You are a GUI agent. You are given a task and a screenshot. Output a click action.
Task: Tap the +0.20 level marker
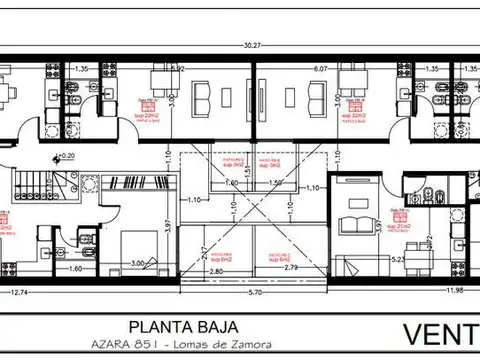pos(66,156)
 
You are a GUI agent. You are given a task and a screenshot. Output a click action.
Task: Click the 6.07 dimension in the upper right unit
pos(321,69)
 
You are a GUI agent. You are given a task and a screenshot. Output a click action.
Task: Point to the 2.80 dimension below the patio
pos(216,271)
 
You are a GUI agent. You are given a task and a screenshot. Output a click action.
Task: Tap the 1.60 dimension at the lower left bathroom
pos(74,269)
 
